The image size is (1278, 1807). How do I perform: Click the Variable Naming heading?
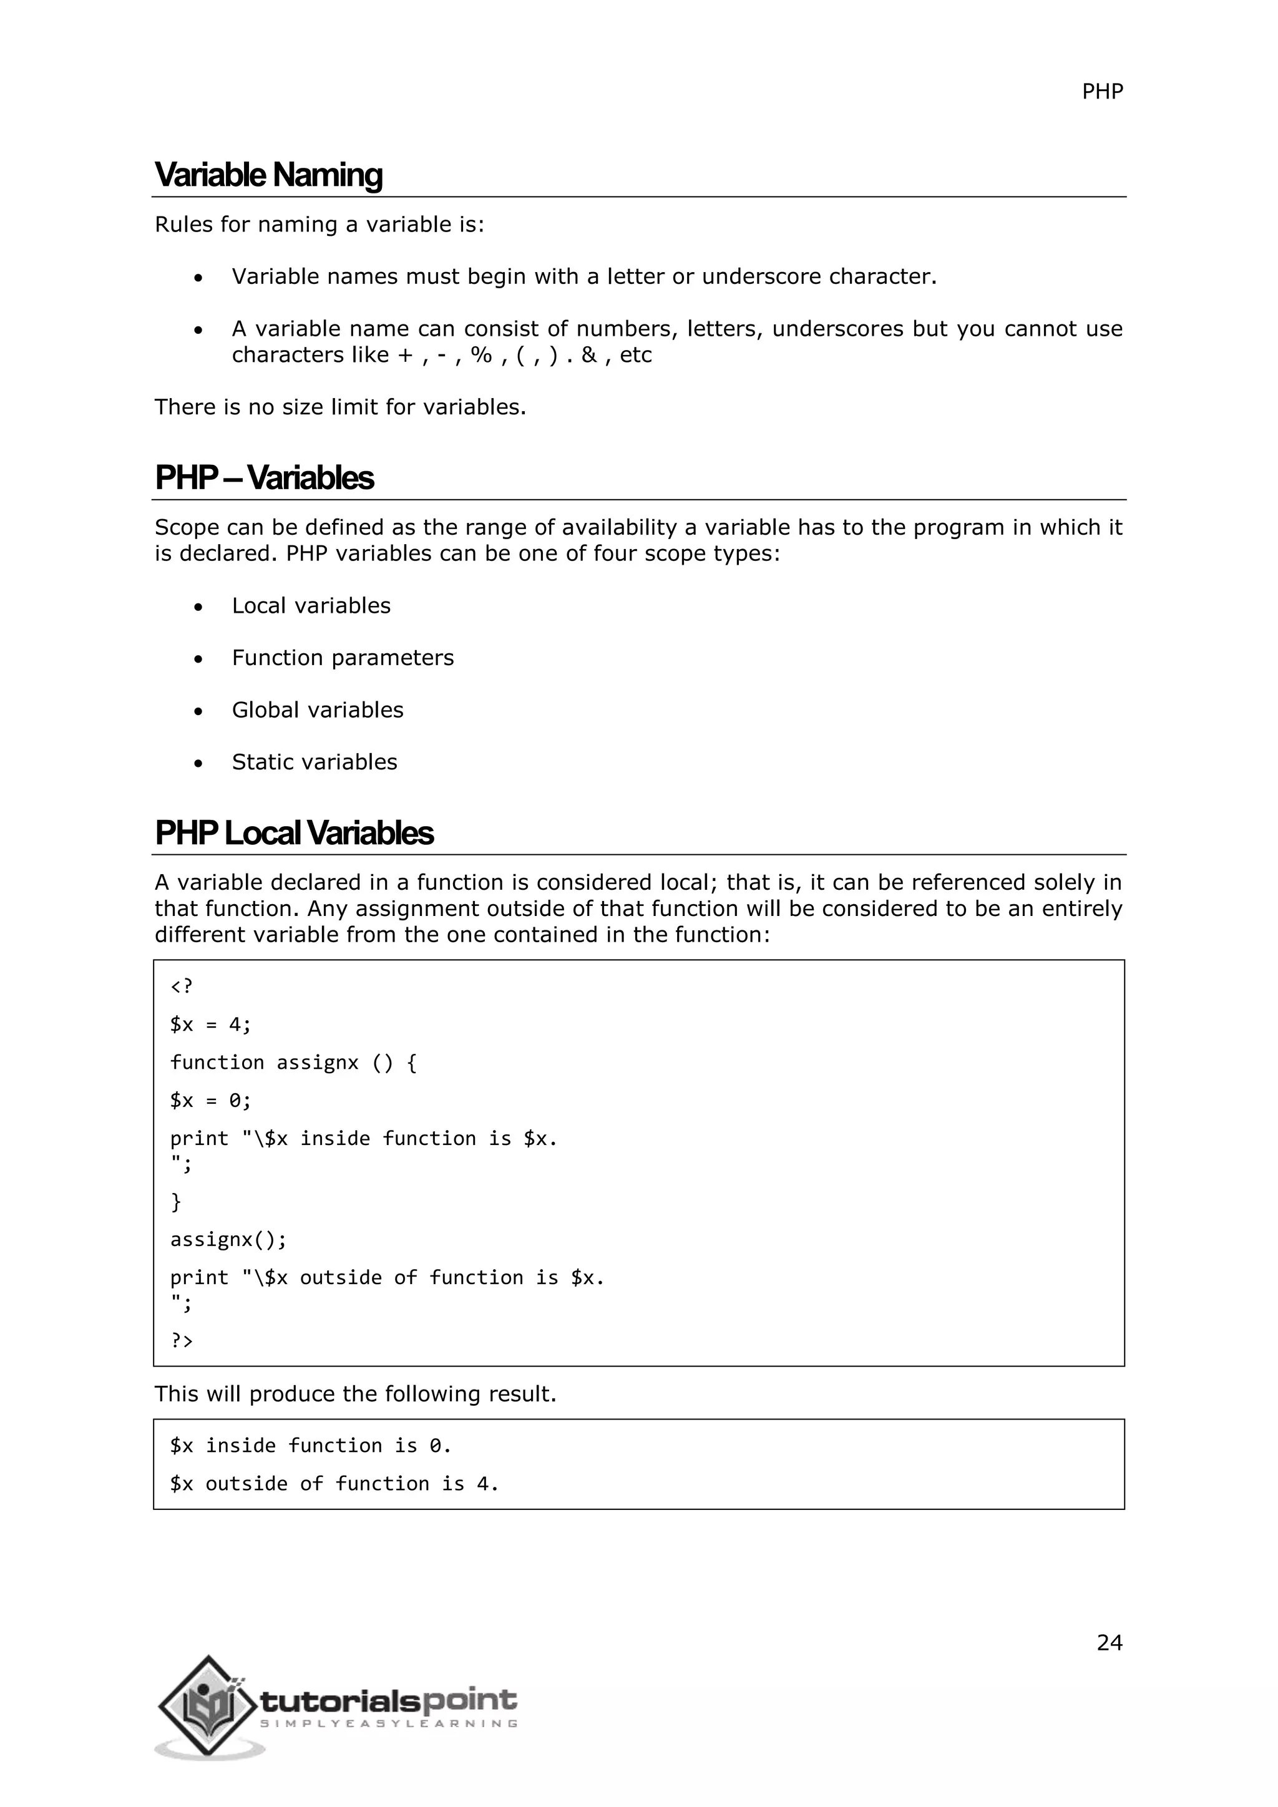pyautogui.click(x=268, y=175)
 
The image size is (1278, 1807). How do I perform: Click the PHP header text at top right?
pyautogui.click(x=1102, y=92)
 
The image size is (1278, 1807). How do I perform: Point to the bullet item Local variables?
pyautogui.click(x=311, y=605)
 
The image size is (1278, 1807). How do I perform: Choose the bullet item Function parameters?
pyautogui.click(x=343, y=657)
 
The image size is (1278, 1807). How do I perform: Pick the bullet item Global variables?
pyautogui.click(x=317, y=710)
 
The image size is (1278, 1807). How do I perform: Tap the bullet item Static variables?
pyautogui.click(x=314, y=762)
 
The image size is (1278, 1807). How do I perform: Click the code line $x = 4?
pyautogui.click(x=210, y=1025)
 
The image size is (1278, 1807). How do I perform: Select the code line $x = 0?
pyautogui.click(x=210, y=1100)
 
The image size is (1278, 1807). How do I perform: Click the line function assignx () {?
pyautogui.click(x=293, y=1063)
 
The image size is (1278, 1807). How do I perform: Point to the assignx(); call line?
pyautogui.click(x=228, y=1240)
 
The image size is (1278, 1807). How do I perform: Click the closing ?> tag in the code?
pyautogui.click(x=182, y=1340)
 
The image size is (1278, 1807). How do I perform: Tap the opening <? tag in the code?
pyautogui.click(x=182, y=986)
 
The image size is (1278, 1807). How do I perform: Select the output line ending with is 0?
pyautogui.click(x=310, y=1446)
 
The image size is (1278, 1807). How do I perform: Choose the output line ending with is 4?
pyautogui.click(x=334, y=1484)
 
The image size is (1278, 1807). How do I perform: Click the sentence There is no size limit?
pyautogui.click(x=339, y=407)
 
